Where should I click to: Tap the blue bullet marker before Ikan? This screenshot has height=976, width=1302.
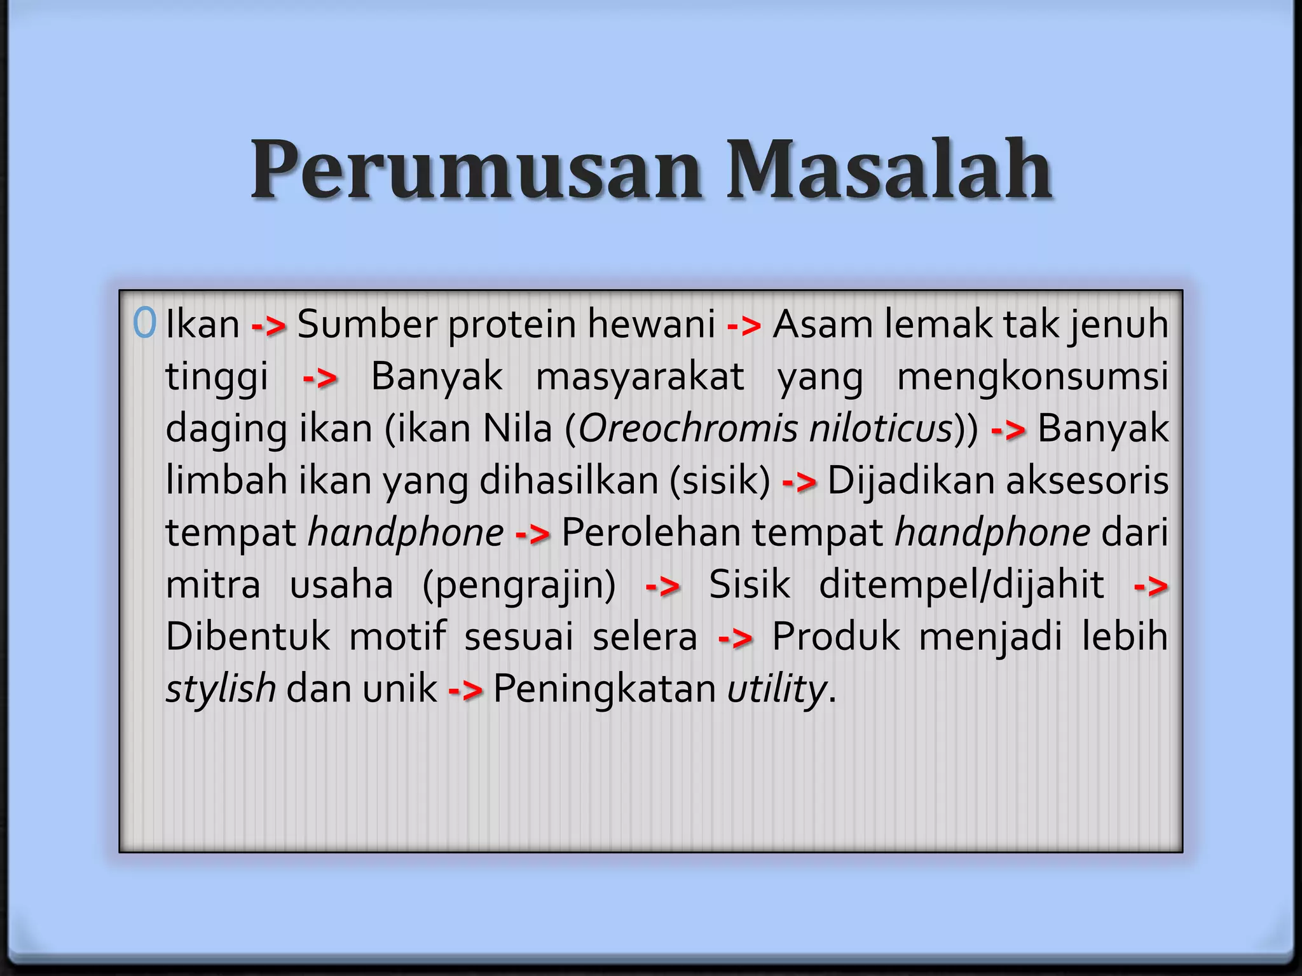[145, 323]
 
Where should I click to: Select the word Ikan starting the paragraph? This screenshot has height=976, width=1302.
[202, 324]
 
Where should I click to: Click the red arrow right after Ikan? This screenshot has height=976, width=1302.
[268, 327]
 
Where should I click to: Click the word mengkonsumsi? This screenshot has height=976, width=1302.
[1032, 377]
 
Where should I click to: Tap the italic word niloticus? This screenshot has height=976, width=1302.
[881, 428]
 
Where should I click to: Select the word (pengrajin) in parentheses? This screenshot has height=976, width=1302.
[519, 586]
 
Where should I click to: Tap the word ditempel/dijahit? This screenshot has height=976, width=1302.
[961, 585]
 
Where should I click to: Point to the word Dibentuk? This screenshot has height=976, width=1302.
[248, 637]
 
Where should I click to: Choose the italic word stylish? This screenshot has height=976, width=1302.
[220, 689]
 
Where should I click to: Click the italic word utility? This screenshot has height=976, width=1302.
[776, 689]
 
